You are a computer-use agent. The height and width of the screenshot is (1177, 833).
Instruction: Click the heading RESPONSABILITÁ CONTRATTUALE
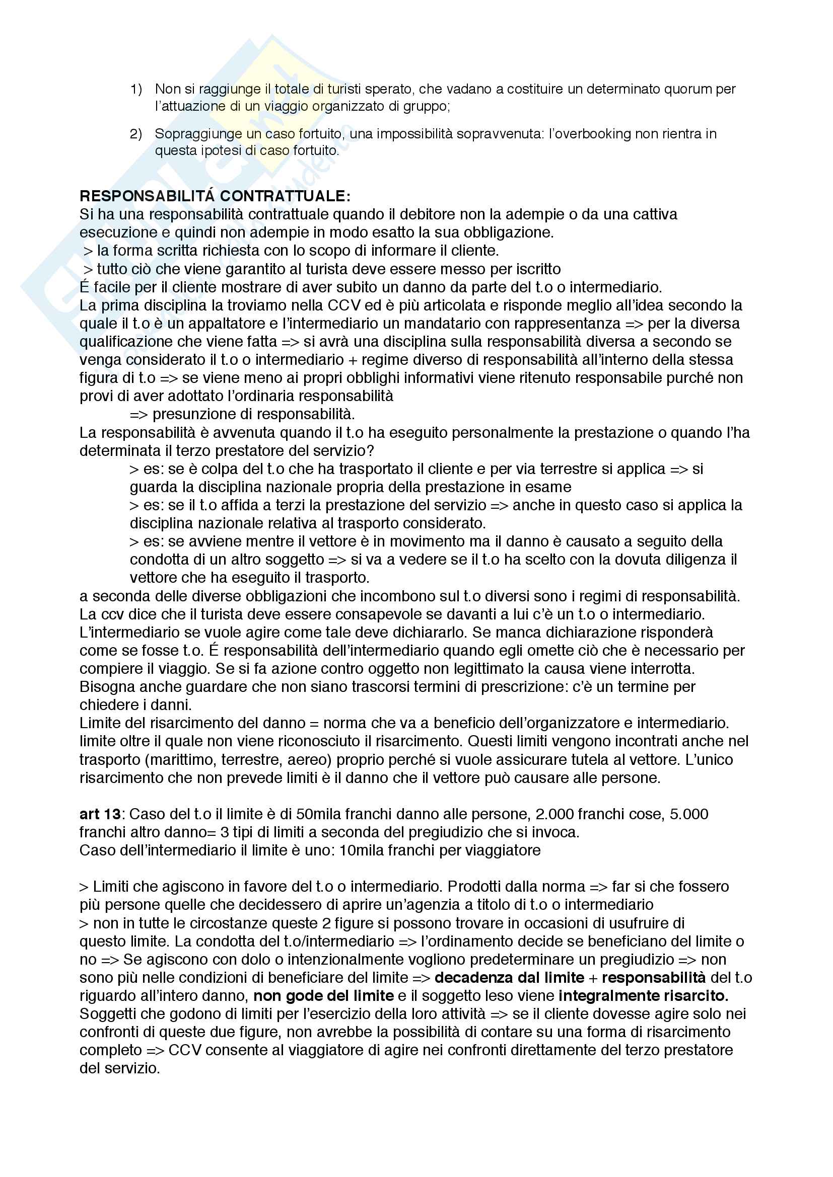[215, 196]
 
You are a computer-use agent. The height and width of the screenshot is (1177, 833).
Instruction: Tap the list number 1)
[136, 89]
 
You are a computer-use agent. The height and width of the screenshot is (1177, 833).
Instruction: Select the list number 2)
[136, 134]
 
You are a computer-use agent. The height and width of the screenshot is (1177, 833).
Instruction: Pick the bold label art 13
[100, 814]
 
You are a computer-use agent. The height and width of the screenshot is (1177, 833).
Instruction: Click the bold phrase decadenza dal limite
[509, 978]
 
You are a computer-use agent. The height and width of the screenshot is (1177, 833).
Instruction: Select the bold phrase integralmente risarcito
[643, 995]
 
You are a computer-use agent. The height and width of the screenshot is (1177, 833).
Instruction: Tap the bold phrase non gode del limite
[324, 995]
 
